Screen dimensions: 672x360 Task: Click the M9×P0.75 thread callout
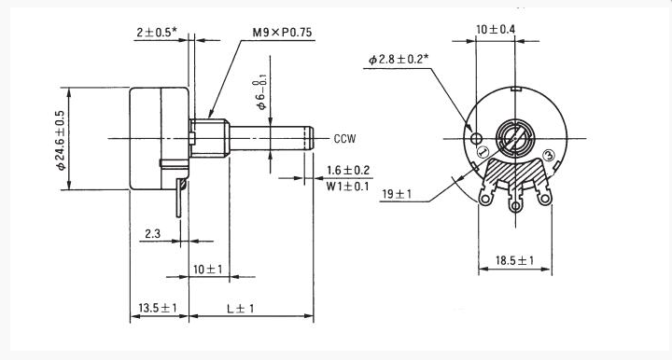[x=282, y=33]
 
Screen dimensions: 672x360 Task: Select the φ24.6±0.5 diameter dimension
[x=61, y=140]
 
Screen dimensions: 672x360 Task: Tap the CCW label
[x=344, y=139]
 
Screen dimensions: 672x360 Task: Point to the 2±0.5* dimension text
[x=157, y=33]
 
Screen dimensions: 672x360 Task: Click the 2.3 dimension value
[x=152, y=234]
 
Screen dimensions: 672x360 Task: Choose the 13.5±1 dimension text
[x=158, y=308]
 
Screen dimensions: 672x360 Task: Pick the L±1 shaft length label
[x=241, y=308]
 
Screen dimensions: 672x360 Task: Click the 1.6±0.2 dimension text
[x=348, y=171]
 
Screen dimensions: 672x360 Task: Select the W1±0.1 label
[x=347, y=187]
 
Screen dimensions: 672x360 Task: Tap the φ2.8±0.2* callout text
[x=399, y=59]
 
